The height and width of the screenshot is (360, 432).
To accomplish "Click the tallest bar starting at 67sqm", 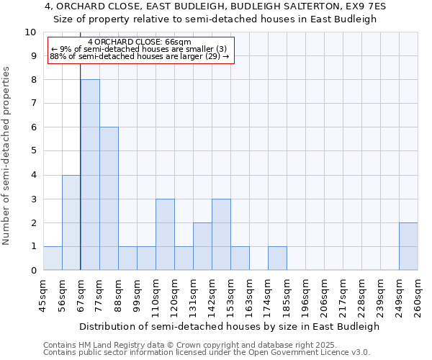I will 90,175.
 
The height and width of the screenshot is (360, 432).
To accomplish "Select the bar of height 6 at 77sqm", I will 109,199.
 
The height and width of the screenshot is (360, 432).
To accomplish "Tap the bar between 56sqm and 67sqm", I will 71,222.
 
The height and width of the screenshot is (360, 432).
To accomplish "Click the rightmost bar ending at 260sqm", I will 408,246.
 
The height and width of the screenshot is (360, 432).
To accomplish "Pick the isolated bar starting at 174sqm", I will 277,258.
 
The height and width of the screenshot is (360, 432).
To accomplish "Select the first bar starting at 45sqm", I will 53,258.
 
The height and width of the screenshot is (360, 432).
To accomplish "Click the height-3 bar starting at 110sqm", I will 165,235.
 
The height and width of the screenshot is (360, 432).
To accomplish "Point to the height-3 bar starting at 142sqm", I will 221,235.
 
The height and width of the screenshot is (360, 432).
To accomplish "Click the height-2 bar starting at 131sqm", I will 202,246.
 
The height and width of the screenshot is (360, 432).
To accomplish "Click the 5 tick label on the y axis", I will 33,151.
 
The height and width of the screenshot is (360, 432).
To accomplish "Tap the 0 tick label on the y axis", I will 33,271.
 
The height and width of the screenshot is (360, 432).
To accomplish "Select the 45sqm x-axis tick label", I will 43,295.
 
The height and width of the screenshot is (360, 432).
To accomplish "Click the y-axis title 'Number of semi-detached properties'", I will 7,156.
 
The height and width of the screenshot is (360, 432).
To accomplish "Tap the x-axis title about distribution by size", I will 229,326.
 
